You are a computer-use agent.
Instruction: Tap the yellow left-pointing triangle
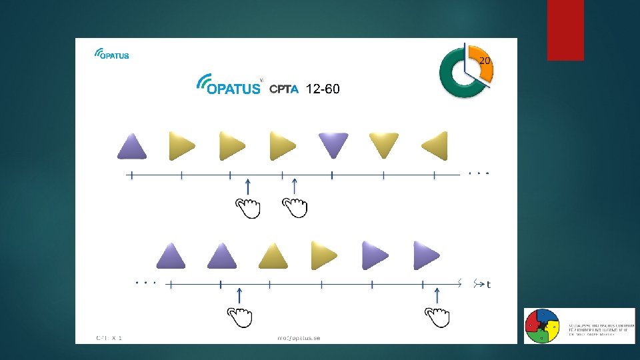(434, 145)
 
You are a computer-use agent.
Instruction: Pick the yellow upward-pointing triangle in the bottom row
(272, 255)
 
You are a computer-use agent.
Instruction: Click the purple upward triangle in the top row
(131, 146)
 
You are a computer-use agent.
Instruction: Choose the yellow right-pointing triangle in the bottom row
(324, 255)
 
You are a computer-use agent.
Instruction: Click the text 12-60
(322, 89)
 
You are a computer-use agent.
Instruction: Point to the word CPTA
(284, 90)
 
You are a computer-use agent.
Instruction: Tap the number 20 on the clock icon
(485, 61)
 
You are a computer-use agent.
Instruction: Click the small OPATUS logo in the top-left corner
(111, 53)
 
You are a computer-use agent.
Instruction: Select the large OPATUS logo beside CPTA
(228, 85)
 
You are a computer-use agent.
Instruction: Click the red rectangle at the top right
(565, 30)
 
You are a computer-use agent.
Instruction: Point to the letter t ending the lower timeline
(489, 285)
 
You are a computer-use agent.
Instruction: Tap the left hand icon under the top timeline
(249, 208)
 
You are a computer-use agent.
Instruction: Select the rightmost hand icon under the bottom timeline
(437, 317)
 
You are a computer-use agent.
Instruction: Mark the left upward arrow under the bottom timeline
(239, 295)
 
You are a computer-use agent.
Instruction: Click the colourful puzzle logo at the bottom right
(542, 326)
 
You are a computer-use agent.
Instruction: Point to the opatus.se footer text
(299, 338)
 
